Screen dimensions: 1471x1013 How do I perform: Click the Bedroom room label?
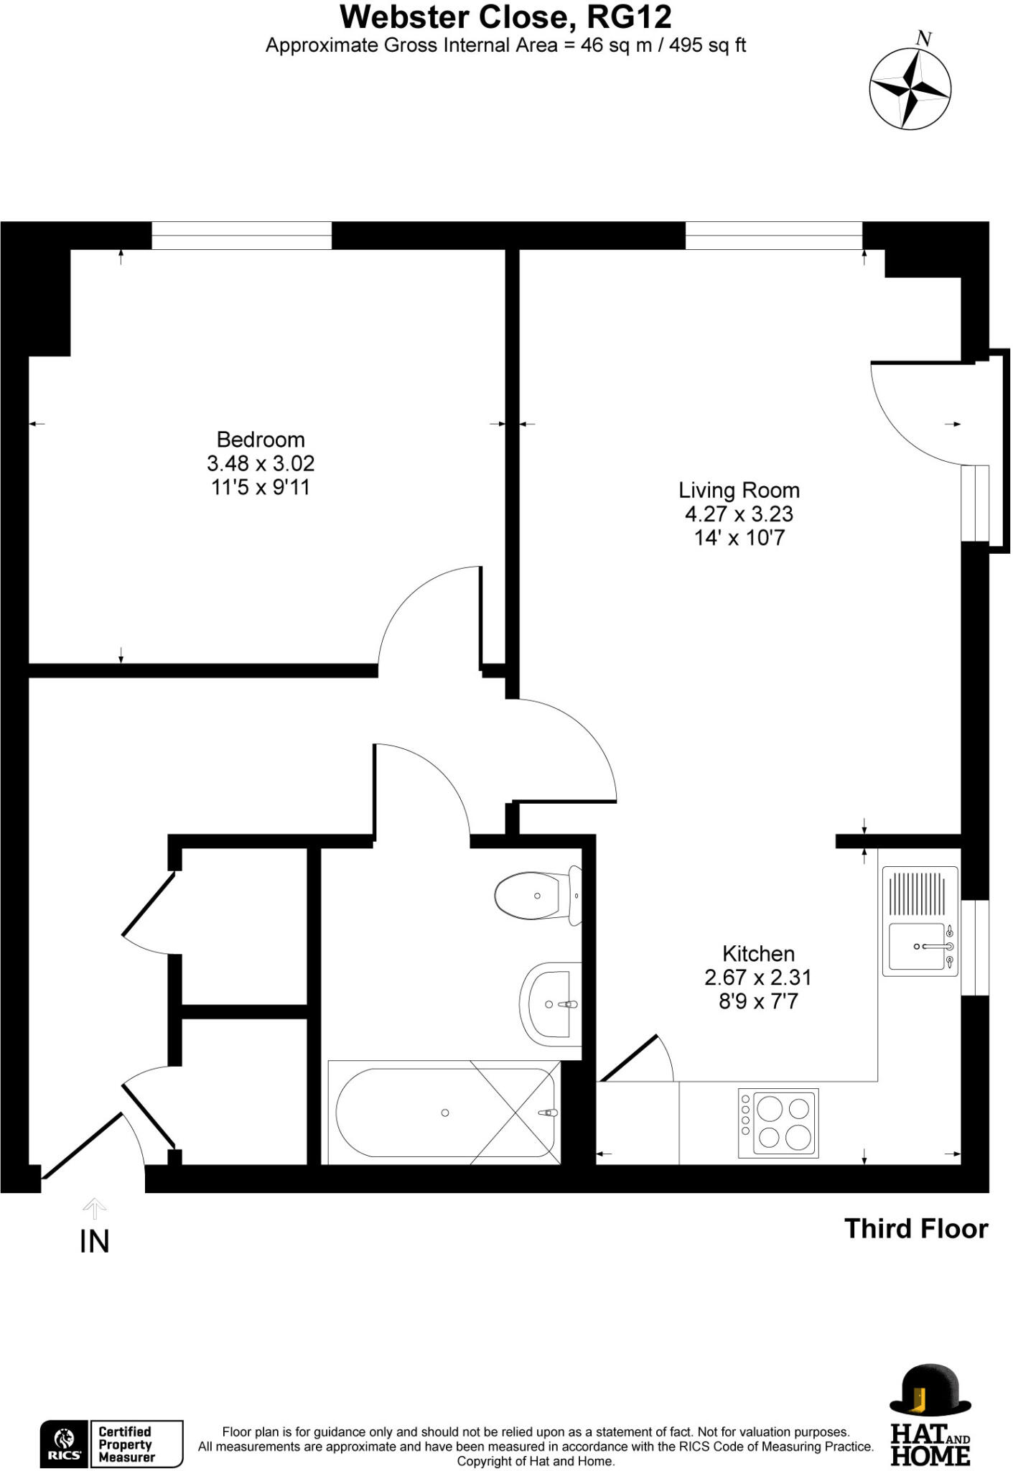[x=261, y=440]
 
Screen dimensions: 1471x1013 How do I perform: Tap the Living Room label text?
[x=739, y=491]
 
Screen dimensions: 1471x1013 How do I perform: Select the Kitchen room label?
[x=758, y=954]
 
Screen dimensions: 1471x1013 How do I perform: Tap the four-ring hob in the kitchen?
[x=778, y=1123]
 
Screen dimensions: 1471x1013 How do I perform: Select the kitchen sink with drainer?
[x=920, y=922]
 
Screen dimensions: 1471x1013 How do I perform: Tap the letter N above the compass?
[x=925, y=39]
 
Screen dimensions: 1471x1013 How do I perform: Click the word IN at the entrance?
[x=95, y=1243]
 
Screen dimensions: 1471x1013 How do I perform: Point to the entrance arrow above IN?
[x=94, y=1208]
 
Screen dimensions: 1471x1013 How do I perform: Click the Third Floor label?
[x=915, y=1229]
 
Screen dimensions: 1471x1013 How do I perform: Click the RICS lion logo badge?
[x=65, y=1443]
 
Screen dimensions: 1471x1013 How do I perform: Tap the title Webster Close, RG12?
[x=505, y=17]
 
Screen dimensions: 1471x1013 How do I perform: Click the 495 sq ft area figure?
[x=709, y=45]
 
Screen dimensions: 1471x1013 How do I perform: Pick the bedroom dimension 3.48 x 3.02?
[x=261, y=463]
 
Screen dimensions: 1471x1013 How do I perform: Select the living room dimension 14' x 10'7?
[x=739, y=538]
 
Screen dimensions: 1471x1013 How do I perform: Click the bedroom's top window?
[x=241, y=235]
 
